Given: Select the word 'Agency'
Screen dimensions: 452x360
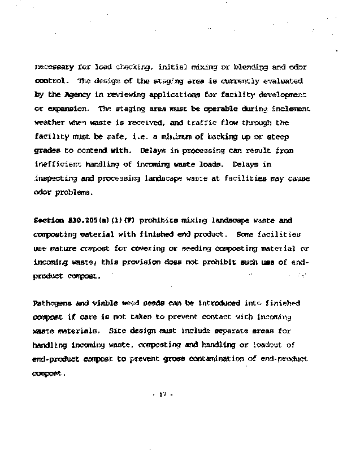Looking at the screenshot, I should (x=73, y=94).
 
